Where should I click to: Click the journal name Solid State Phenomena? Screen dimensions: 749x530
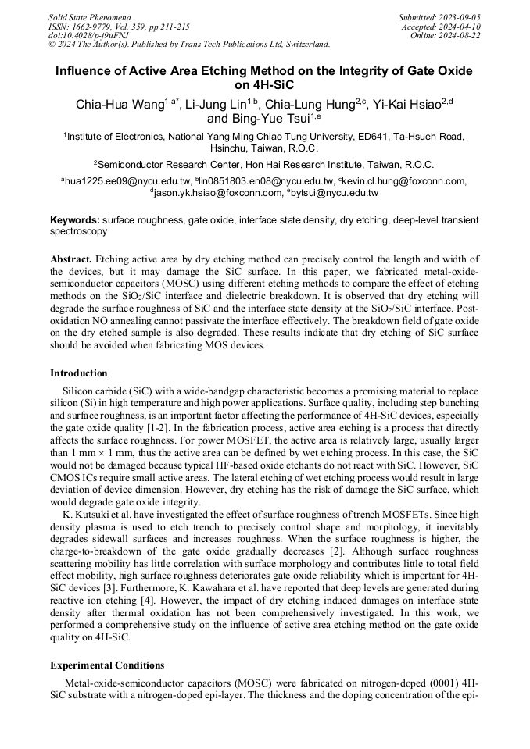pos(90,16)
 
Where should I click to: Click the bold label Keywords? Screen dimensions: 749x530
pos(74,220)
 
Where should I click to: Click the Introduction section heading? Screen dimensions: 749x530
pos(79,373)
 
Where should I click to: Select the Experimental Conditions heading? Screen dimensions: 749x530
pos(107,665)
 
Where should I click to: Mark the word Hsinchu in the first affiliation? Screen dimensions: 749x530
pos(231,148)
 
